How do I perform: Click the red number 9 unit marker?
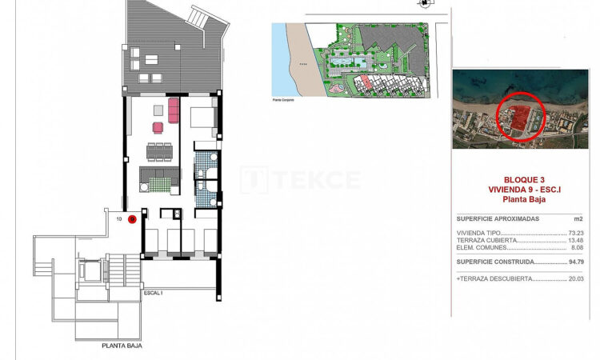point(133,218)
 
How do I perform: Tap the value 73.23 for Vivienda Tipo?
point(575,233)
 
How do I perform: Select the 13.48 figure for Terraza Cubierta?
point(575,240)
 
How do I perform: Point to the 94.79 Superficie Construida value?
point(575,262)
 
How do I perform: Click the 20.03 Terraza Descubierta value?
point(575,279)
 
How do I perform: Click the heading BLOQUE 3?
point(524,179)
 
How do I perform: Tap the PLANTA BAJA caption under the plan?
point(123,346)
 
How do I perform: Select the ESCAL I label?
point(153,294)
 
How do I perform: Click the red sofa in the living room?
point(174,108)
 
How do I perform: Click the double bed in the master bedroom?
point(202,118)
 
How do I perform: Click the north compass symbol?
point(423,4)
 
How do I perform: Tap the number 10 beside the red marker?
point(119,218)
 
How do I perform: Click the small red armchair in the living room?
point(158,126)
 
